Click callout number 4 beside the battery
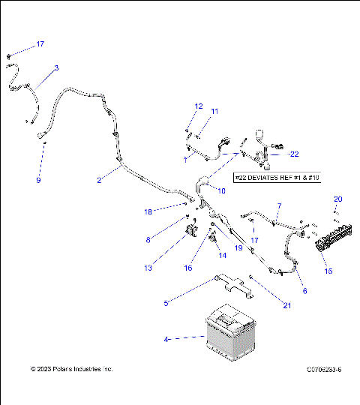166,340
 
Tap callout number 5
166,303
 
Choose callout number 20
337,199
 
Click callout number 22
294,154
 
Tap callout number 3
56,68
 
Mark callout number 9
38,181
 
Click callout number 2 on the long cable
98,180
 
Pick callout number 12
199,106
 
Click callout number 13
148,268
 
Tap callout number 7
279,205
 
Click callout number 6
304,292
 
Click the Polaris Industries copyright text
71,369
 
